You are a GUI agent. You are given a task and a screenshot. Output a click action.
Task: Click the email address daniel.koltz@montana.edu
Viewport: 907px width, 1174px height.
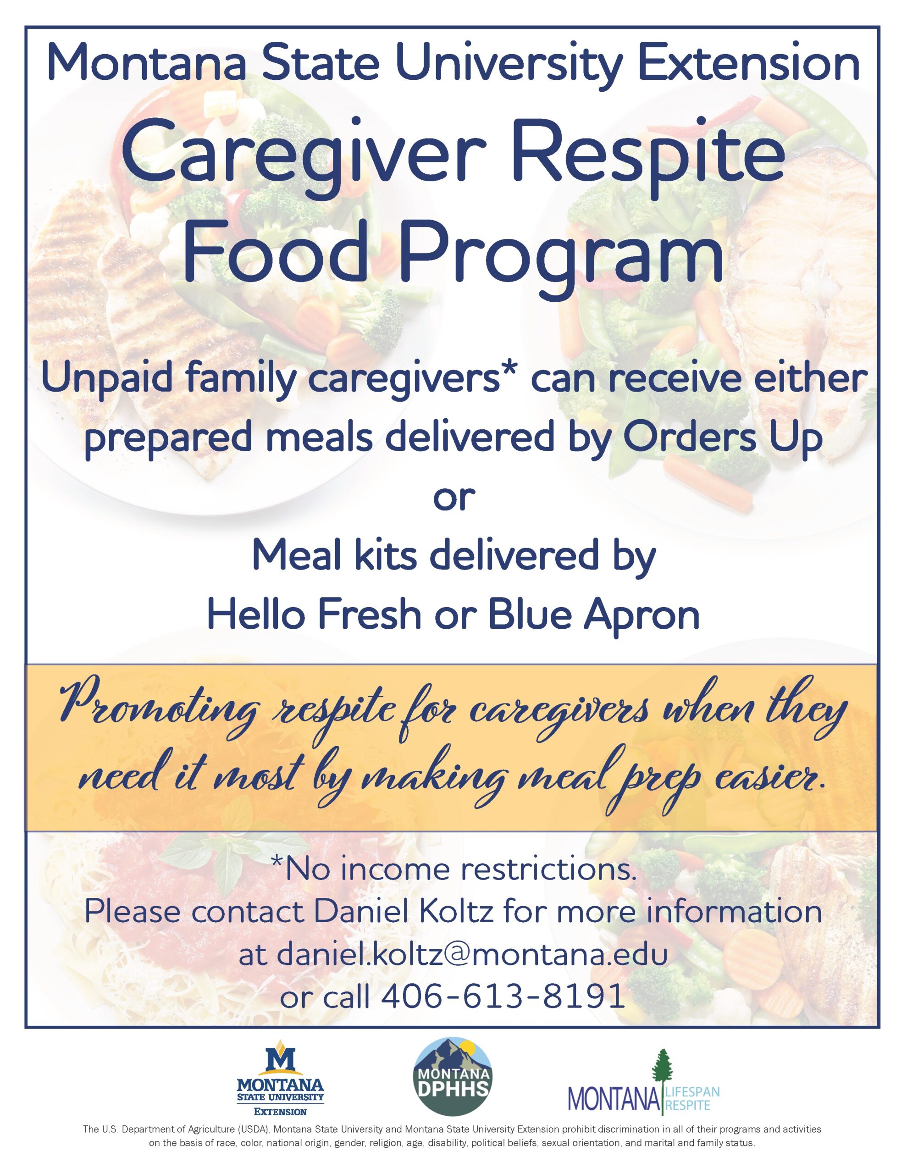(x=453, y=954)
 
